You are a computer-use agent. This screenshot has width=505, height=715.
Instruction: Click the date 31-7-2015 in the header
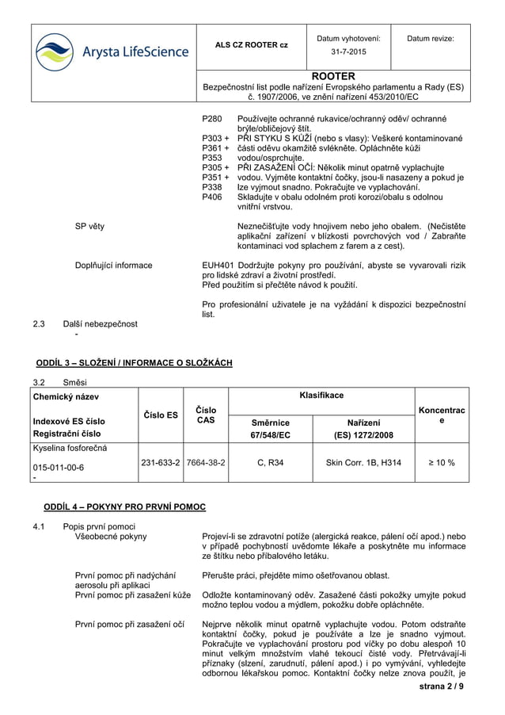click(x=348, y=52)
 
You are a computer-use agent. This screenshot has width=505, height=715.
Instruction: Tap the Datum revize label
click(x=431, y=38)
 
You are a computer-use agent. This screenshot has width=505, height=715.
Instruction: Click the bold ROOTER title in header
click(x=333, y=76)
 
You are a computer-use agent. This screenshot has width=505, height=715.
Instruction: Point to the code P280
click(x=212, y=119)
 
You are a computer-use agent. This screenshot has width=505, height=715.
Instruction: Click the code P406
click(x=212, y=197)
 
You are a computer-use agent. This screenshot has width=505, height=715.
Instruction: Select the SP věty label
click(x=89, y=227)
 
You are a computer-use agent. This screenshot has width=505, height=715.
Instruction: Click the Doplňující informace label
click(x=113, y=265)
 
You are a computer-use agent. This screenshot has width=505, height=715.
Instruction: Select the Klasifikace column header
click(x=321, y=394)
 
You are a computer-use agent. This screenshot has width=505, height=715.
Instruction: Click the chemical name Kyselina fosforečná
click(x=69, y=449)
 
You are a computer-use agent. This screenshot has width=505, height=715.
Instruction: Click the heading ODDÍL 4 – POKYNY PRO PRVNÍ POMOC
click(x=124, y=507)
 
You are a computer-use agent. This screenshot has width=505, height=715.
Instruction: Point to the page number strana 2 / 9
click(x=444, y=686)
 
